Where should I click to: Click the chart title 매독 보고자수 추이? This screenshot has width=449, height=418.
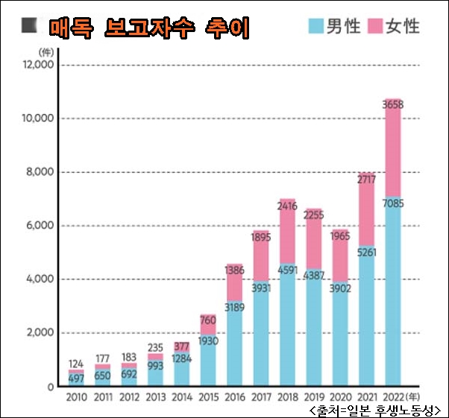coord(149,28)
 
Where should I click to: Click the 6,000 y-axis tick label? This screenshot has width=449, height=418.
coord(38,226)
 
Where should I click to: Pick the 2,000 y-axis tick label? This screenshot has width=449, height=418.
coord(38,333)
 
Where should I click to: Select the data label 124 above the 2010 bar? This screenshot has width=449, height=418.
coord(76,364)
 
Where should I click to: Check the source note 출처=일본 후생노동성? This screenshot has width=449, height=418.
coord(373,410)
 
